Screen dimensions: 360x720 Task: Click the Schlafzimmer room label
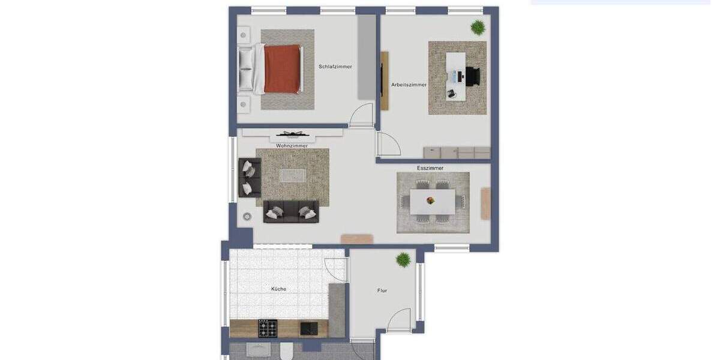pos(335,67)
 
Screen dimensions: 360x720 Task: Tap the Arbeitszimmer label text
pos(409,85)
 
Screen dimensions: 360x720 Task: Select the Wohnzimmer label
pos(292,146)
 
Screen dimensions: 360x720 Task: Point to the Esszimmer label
pos(430,168)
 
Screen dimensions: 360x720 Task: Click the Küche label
pos(278,289)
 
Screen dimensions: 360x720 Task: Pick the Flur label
pos(382,290)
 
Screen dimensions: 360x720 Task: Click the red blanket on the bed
pos(282,68)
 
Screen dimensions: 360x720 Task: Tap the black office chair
pos(472,76)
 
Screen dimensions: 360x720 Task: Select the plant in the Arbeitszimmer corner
pos(478,27)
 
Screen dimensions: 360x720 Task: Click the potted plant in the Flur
pos(403,259)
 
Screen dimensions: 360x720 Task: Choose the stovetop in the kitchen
pos(268,328)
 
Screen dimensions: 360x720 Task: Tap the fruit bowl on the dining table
pos(430,200)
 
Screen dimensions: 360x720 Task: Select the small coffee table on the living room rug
pos(292,175)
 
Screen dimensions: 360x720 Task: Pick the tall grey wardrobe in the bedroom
pos(366,58)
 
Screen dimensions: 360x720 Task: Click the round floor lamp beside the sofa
pos(247,216)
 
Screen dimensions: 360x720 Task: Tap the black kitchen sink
pos(309,328)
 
